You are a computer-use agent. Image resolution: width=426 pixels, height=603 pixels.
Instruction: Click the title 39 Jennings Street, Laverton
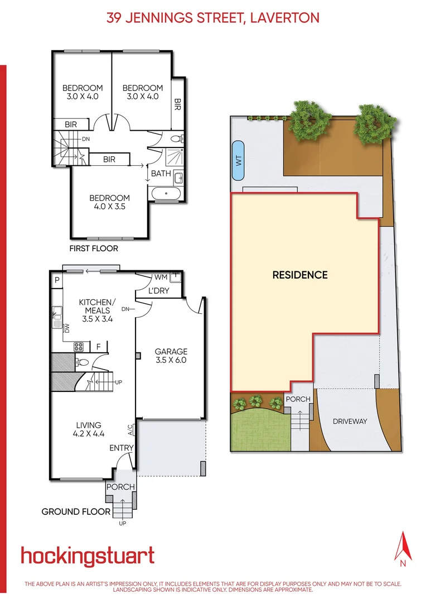pyautogui.click(x=212, y=18)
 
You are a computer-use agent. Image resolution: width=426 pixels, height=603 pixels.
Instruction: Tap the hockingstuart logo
pyautogui.click(x=88, y=556)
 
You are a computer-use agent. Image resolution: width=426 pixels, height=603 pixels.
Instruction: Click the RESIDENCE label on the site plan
pyautogui.click(x=299, y=275)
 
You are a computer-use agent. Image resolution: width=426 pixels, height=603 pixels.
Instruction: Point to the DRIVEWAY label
pyautogui.click(x=351, y=421)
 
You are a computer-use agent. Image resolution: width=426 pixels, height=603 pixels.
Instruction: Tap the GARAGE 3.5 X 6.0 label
pyautogui.click(x=171, y=356)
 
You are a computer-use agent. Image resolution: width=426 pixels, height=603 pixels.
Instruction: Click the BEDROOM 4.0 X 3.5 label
pyautogui.click(x=110, y=202)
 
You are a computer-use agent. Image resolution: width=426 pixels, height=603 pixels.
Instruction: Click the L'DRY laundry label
pyautogui.click(x=159, y=290)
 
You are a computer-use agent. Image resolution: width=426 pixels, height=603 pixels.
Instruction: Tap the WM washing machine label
pyautogui.click(x=161, y=277)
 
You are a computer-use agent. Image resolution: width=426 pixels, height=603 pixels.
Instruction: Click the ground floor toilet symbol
pyautogui.click(x=81, y=362)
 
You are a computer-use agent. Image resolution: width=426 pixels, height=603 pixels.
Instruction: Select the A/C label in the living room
pyautogui.click(x=130, y=429)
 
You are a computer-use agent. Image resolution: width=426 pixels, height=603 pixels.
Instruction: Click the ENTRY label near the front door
pyautogui.click(x=121, y=448)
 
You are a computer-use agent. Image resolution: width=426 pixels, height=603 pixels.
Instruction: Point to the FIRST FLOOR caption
pyautogui.click(x=94, y=248)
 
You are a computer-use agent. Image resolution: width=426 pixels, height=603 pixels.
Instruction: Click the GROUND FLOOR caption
pyautogui.click(x=76, y=511)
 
